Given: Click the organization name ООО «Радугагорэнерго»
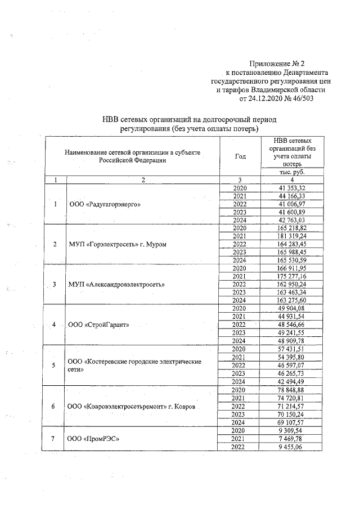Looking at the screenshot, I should [104, 204].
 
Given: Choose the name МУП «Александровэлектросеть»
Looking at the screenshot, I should [116, 285].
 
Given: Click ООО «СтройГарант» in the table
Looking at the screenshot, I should [98, 325].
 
